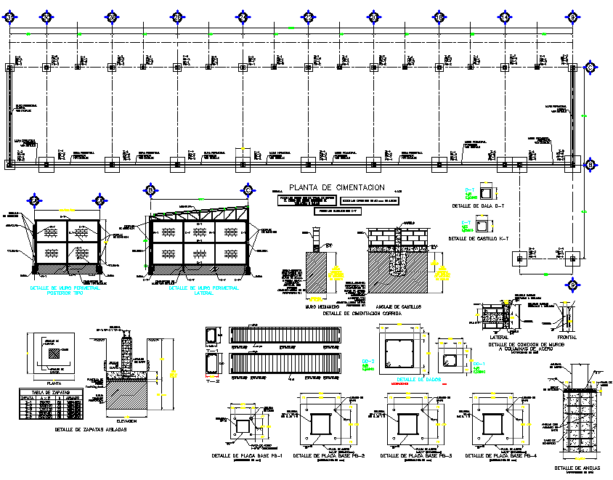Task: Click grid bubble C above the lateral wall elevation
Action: point(248,191)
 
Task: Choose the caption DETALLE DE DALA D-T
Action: point(478,206)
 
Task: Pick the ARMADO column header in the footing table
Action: point(72,398)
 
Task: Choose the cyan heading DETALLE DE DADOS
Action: point(419,379)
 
